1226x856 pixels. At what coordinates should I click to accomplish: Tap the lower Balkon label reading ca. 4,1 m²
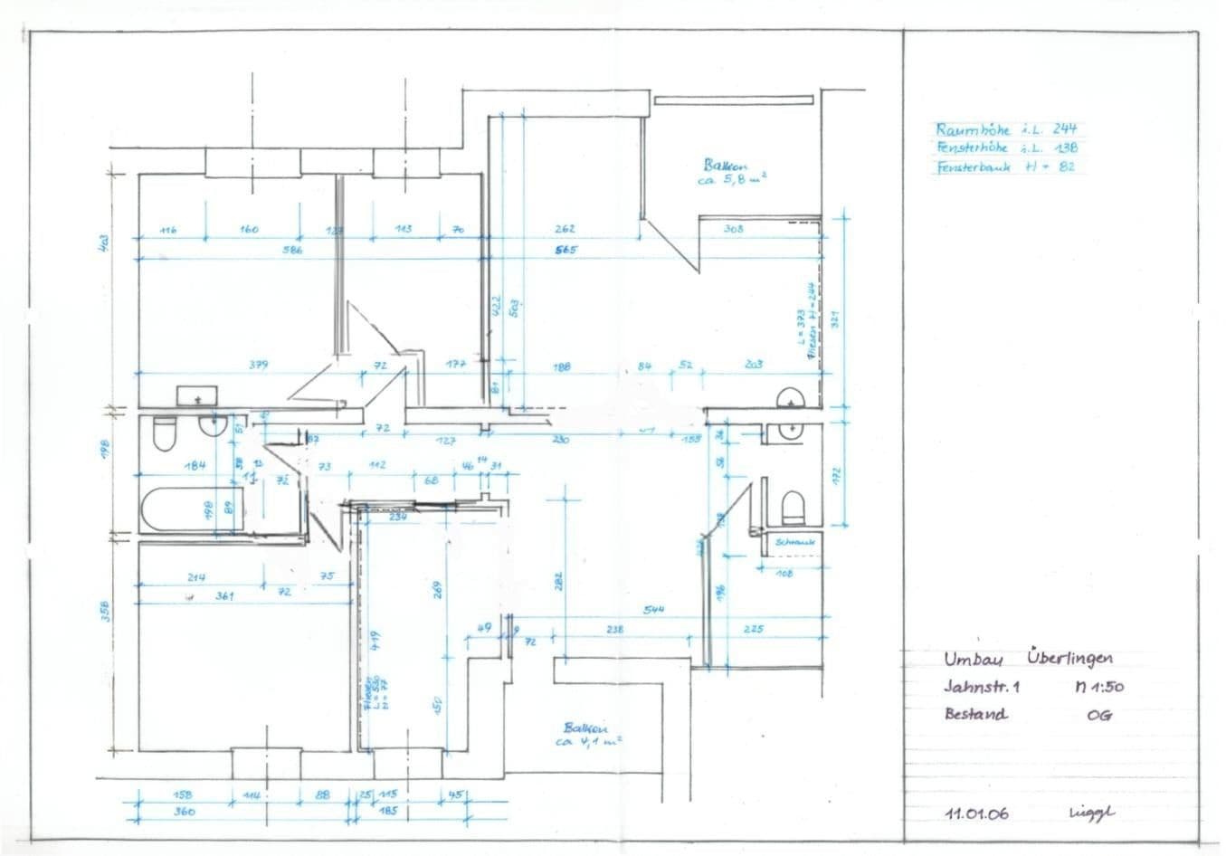[x=586, y=734]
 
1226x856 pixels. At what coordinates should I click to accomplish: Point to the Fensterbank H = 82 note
[x=1005, y=166]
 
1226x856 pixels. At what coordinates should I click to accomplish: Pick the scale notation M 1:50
[x=1098, y=686]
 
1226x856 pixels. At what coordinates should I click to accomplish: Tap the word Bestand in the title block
[x=975, y=714]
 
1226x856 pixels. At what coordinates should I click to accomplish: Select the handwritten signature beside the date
[x=1092, y=813]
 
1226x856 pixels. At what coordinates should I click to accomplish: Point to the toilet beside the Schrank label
[x=794, y=508]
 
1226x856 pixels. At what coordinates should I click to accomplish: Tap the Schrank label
[x=795, y=542]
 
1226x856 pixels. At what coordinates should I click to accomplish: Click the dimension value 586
[x=291, y=250]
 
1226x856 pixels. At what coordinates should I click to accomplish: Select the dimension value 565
[x=566, y=250]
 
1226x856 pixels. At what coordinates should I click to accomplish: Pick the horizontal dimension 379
[x=259, y=366]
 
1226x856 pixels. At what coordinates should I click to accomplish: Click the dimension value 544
[x=653, y=610]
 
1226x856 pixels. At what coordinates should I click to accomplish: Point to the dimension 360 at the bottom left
[x=184, y=812]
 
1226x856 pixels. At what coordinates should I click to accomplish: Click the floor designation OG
[x=1099, y=714]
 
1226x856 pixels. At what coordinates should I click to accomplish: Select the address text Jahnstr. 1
[x=982, y=686]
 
